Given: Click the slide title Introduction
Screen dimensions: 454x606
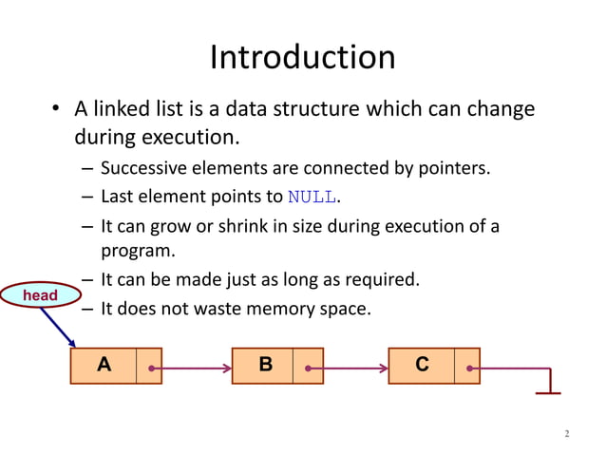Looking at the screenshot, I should (x=302, y=58).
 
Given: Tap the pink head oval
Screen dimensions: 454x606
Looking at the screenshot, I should (x=40, y=296).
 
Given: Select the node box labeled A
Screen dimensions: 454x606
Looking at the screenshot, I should (x=104, y=365).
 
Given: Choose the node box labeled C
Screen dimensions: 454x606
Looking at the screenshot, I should (x=422, y=365).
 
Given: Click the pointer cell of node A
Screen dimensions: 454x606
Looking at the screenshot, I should (x=149, y=366).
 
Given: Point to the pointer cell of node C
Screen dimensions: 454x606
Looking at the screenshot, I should (x=466, y=366).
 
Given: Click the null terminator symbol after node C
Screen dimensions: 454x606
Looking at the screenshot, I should (x=549, y=390).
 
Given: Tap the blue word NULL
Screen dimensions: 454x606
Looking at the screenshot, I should (x=311, y=198).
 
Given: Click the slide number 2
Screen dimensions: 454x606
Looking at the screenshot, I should (x=567, y=434).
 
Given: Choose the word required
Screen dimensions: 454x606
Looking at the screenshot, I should (x=381, y=280).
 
